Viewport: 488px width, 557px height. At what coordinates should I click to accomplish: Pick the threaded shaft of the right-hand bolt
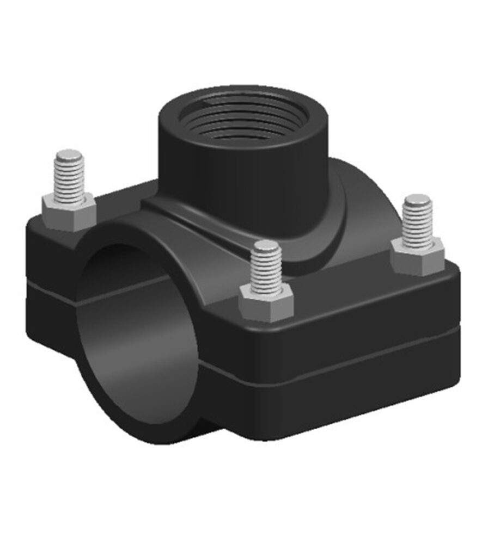point(418,223)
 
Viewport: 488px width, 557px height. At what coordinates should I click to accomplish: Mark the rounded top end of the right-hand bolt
point(418,200)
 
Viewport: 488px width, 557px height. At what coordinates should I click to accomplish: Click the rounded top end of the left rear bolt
point(69,154)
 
